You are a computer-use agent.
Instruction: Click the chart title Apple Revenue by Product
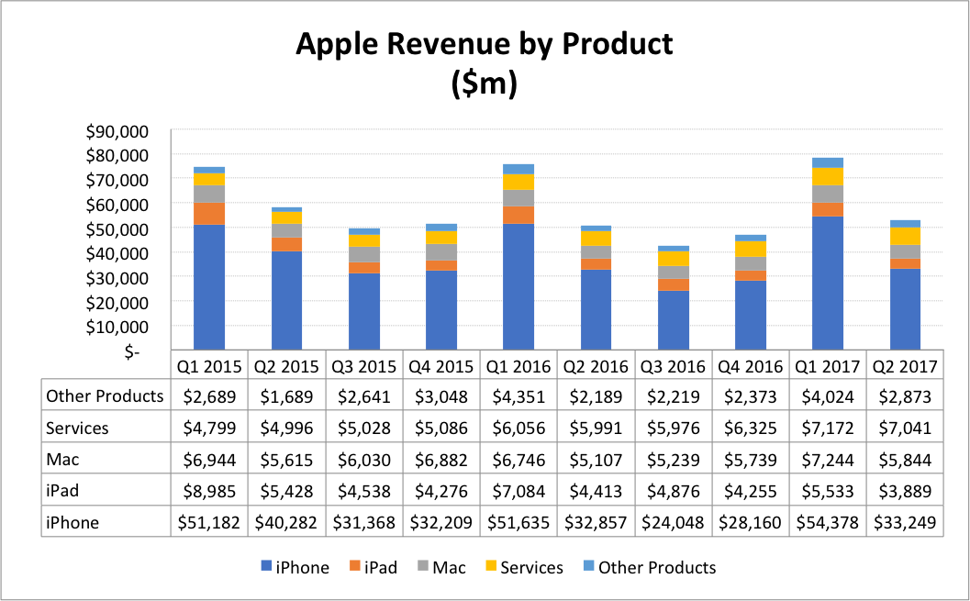pos(484,44)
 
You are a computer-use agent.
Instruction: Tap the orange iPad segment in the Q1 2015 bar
pos(209,214)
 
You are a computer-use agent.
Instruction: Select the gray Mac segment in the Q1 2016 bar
pos(518,198)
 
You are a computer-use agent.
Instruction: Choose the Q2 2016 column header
pos(596,366)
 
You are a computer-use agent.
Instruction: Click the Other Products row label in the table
pos(105,396)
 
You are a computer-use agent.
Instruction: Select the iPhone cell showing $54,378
pos(828,523)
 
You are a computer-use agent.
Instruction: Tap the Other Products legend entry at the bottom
pos(647,567)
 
